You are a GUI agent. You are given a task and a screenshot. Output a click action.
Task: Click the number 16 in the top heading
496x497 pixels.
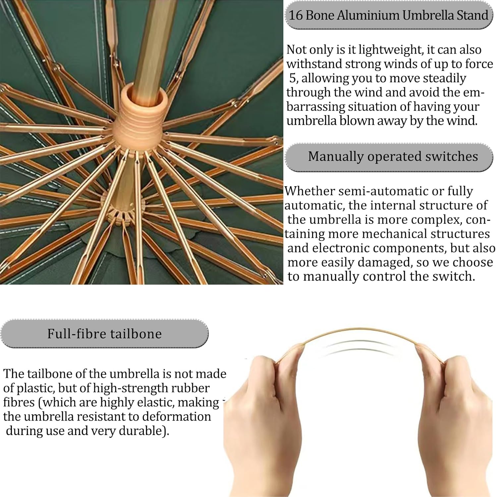point(296,15)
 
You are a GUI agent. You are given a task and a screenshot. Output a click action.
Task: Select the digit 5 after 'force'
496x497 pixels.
point(293,79)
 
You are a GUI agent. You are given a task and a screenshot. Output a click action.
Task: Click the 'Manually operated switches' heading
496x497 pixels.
point(393,156)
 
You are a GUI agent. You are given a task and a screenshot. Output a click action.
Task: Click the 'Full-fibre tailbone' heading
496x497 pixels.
point(104,334)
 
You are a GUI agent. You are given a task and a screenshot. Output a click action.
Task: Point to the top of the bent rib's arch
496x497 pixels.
point(359,328)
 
